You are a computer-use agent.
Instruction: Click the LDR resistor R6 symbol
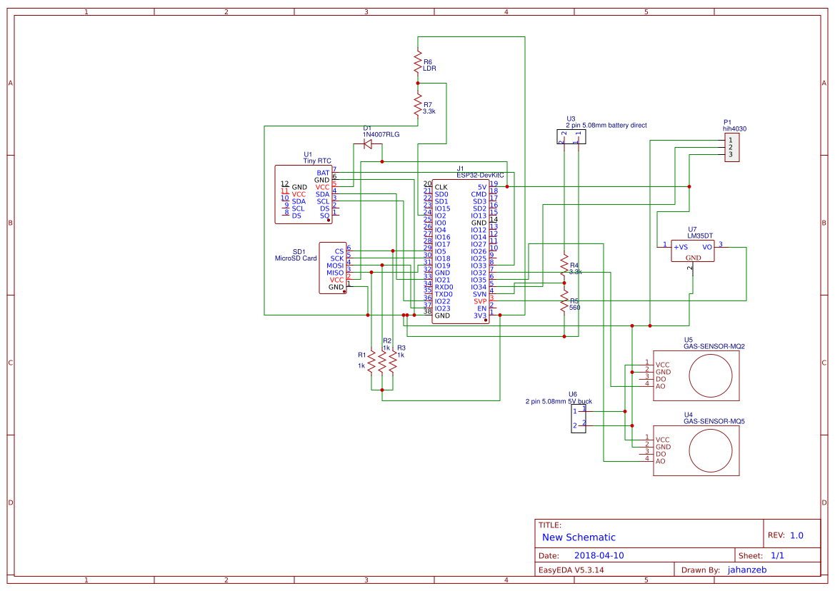point(418,62)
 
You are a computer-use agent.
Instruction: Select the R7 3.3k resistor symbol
point(418,106)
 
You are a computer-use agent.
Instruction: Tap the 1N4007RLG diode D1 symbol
point(368,144)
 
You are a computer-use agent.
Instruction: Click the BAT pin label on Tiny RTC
point(323,173)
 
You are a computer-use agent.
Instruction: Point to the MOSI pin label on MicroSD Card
point(335,266)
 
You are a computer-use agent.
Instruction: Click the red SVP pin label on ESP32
point(479,301)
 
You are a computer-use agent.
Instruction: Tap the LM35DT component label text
point(701,236)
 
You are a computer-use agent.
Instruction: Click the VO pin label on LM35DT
point(706,247)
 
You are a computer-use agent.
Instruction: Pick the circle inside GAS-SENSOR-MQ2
point(711,374)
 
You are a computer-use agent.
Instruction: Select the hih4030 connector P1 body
point(731,148)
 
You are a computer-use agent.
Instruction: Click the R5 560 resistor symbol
point(564,301)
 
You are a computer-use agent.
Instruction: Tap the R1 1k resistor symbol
point(371,363)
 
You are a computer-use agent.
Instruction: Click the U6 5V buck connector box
point(579,418)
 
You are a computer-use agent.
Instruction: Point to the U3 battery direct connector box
point(571,137)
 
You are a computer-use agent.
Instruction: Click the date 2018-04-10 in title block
point(599,555)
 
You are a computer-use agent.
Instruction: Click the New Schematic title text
point(579,537)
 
